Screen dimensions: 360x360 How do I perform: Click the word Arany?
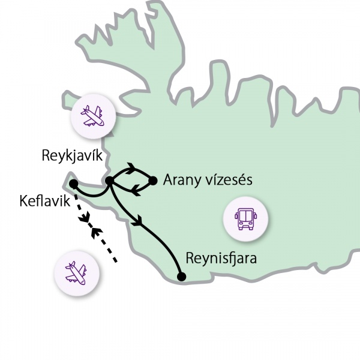(x=182, y=180)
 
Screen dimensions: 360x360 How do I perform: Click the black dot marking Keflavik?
(x=73, y=183)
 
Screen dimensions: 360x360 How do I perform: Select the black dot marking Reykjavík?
(x=109, y=180)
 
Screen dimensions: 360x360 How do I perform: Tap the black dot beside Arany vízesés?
(x=152, y=179)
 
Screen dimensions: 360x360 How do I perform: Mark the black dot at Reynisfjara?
(x=182, y=277)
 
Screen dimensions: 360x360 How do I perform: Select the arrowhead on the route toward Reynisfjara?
(x=140, y=220)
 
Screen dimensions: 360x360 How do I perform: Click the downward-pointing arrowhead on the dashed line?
(x=84, y=217)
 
